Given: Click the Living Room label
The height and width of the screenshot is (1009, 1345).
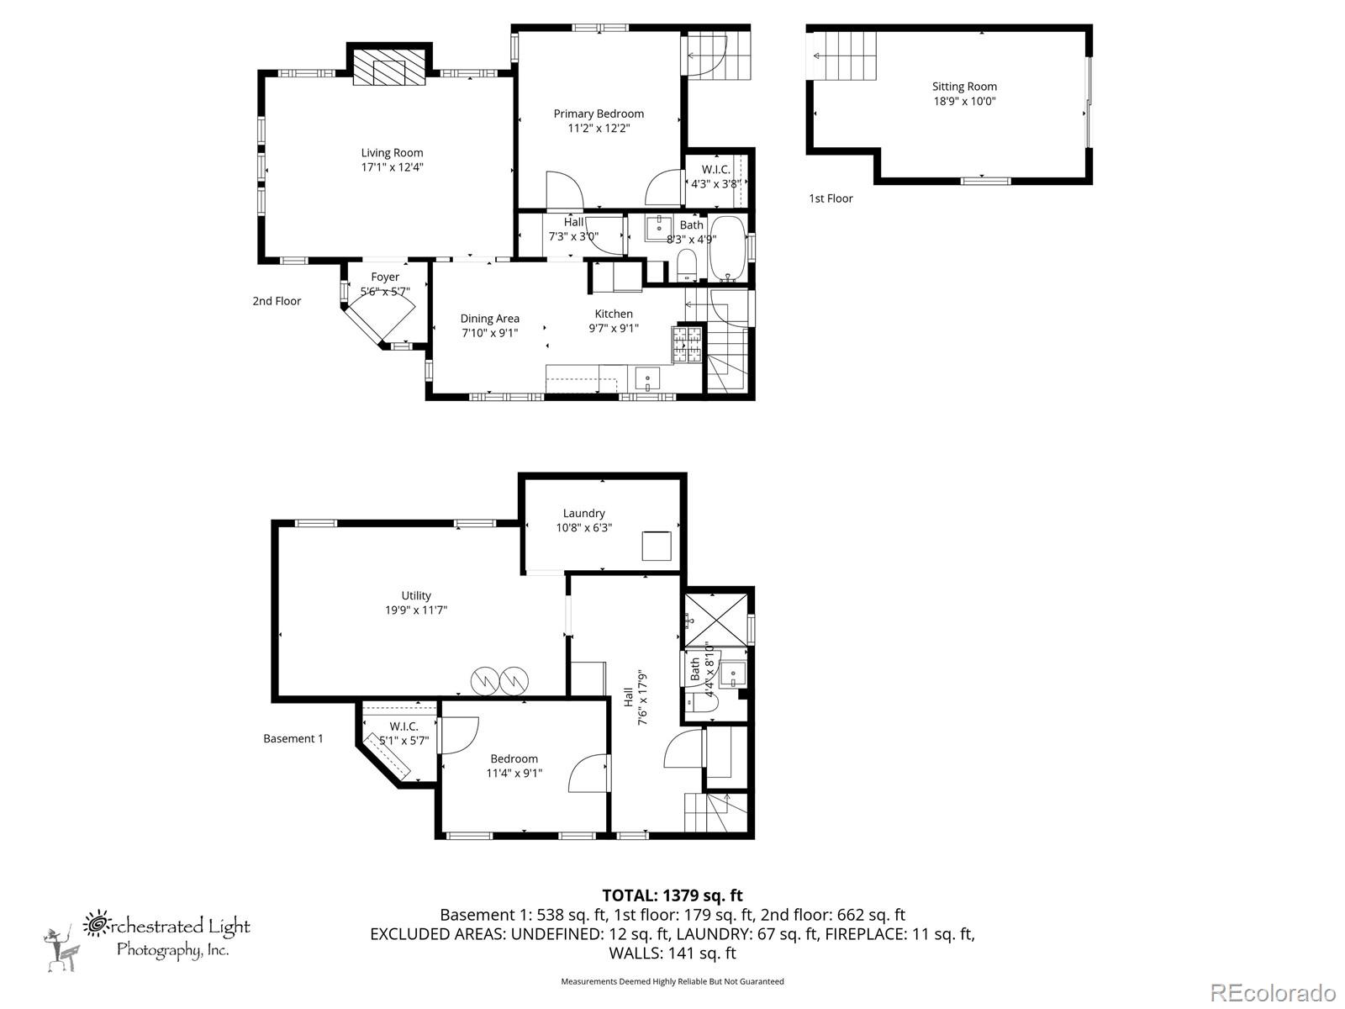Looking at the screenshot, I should [x=392, y=153].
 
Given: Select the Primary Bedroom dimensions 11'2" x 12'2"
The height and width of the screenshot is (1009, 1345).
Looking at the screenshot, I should [x=599, y=129].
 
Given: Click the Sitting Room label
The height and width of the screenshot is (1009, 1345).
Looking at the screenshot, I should [x=964, y=87].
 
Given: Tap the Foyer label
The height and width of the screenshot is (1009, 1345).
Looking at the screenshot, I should [x=385, y=277].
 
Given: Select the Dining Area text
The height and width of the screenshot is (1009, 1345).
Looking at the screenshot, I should [x=489, y=319].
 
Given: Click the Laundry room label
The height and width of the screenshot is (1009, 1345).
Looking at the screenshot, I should [x=583, y=513].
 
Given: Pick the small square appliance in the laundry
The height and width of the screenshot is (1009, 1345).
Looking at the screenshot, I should [x=657, y=546].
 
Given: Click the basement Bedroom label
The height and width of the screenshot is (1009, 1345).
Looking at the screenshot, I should [x=514, y=758].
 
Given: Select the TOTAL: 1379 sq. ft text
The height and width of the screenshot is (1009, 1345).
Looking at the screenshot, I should [x=672, y=895].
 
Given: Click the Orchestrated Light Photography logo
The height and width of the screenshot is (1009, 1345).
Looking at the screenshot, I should [x=147, y=938].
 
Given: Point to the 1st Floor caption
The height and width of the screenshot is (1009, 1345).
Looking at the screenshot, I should [x=831, y=198].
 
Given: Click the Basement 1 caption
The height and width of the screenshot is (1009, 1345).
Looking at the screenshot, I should [x=293, y=738].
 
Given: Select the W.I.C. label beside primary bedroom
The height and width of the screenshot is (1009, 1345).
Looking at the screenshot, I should [x=715, y=169].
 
